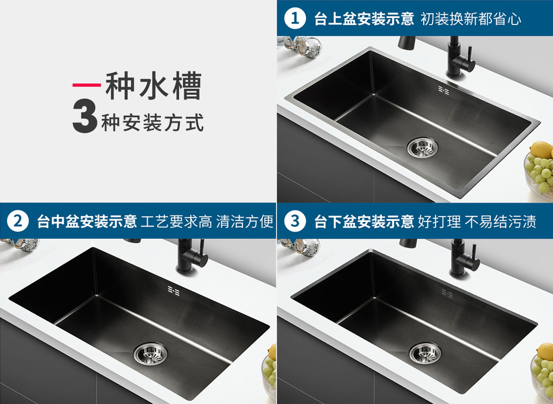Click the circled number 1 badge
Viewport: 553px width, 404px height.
pyautogui.click(x=295, y=19)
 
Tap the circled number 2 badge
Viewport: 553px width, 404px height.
pyautogui.click(x=17, y=221)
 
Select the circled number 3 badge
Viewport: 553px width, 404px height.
pyautogui.click(x=295, y=221)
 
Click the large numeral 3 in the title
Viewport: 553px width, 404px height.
pyautogui.click(x=85, y=117)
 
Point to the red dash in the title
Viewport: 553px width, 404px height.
pyautogui.click(x=86, y=85)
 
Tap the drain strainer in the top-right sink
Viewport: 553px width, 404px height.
pyautogui.click(x=422, y=147)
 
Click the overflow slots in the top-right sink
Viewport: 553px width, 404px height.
pyautogui.click(x=444, y=90)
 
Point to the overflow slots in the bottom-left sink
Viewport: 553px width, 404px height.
pyautogui.click(x=174, y=291)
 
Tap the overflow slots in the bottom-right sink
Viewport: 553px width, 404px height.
pyautogui.click(x=447, y=293)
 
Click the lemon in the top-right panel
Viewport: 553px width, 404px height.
pyautogui.click(x=542, y=150)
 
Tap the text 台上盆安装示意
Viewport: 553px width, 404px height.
pyautogui.click(x=364, y=19)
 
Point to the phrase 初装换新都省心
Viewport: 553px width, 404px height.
pyautogui.click(x=470, y=19)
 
